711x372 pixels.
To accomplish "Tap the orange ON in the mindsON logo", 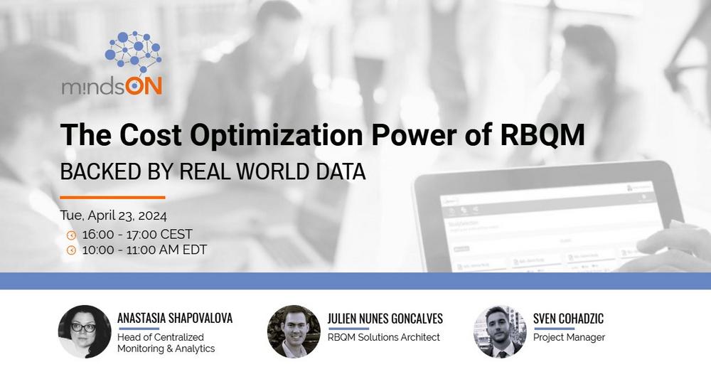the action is click(144, 85).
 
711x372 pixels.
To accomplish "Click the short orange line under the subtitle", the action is click(112, 197).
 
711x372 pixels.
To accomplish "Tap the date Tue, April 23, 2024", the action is click(113, 216).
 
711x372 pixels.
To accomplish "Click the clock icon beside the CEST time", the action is click(71, 235).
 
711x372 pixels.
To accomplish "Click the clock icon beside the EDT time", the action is click(71, 250).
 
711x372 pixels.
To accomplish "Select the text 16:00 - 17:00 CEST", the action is click(137, 234).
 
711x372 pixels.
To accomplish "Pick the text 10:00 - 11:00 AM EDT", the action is click(144, 250).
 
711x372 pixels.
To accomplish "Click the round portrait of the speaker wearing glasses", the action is click(85, 331).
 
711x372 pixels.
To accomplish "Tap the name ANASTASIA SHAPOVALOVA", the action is click(175, 318).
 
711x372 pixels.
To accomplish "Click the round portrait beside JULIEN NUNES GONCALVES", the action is click(294, 331).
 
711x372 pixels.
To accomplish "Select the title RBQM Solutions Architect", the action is click(384, 337).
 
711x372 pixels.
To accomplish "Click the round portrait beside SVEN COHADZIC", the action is click(500, 331).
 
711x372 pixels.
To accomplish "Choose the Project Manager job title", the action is click(569, 338).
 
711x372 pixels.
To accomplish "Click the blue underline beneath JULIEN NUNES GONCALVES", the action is click(348, 329).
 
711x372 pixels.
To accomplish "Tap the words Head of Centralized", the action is click(161, 337).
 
